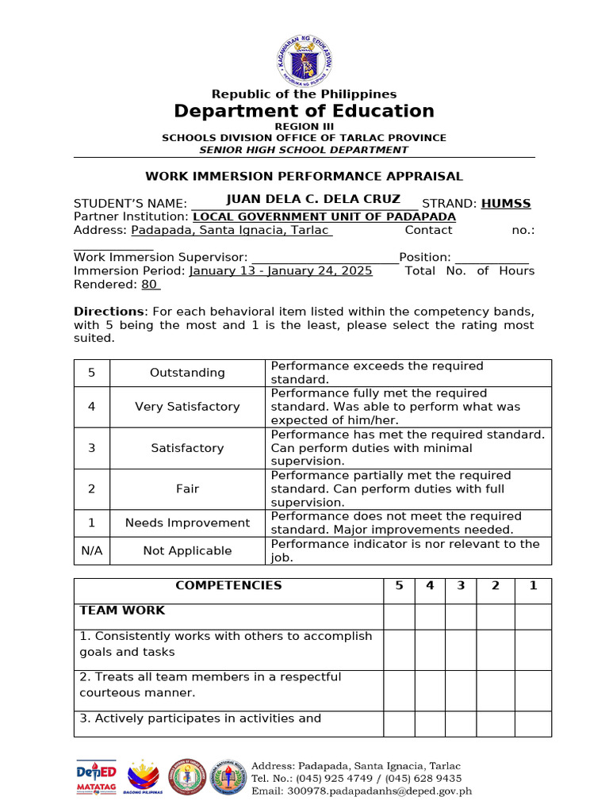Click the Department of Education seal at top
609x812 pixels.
(x=304, y=60)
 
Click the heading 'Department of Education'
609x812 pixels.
(x=304, y=111)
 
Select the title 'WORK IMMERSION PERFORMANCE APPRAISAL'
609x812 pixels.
(x=304, y=176)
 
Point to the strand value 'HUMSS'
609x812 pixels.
(x=506, y=204)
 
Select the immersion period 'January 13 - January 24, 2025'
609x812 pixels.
(x=281, y=271)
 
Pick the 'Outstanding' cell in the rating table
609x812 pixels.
(x=187, y=373)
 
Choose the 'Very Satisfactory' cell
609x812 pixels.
(x=187, y=407)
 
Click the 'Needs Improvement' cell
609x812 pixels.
(x=187, y=523)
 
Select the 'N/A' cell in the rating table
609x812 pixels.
(x=91, y=551)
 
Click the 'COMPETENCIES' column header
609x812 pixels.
(x=228, y=586)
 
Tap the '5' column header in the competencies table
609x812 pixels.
(x=399, y=586)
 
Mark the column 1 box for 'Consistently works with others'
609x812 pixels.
(x=533, y=649)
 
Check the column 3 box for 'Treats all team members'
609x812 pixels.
(x=460, y=690)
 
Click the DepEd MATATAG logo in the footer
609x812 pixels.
(x=96, y=777)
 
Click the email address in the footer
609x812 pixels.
(x=362, y=791)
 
